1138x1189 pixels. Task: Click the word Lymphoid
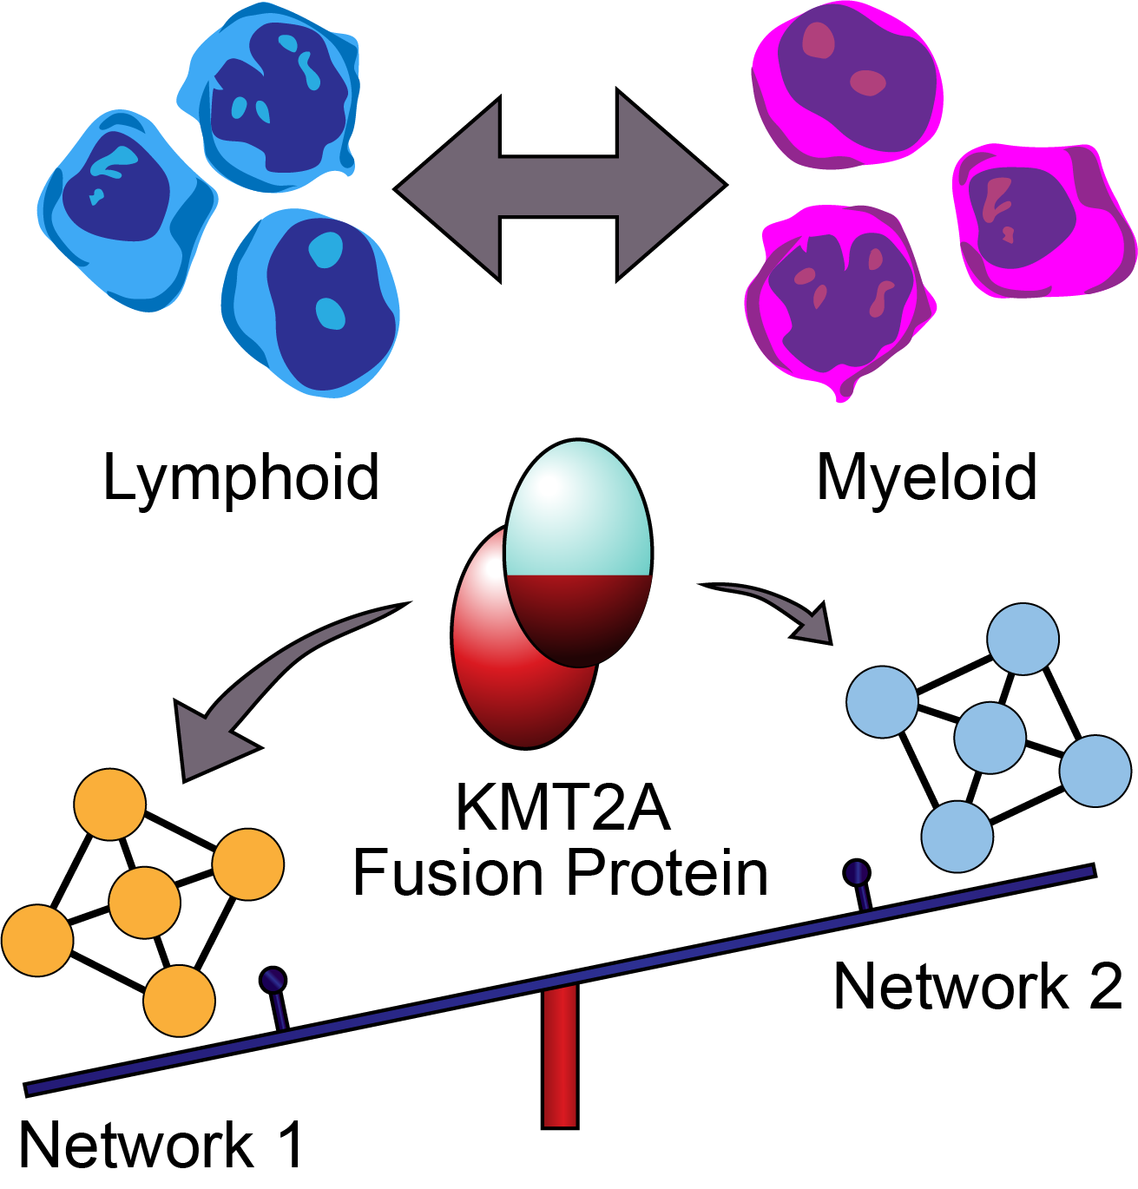coord(240,478)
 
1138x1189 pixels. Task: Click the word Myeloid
coord(926,478)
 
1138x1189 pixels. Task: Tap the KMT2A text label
coord(562,808)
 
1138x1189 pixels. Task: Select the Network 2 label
coord(977,987)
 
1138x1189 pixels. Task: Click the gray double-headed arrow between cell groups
coord(560,185)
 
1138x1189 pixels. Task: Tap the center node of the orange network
coord(145,902)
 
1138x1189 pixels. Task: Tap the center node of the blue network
coord(990,738)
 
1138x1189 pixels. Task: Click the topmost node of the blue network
coord(1023,639)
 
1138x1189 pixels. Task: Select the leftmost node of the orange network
coord(37,940)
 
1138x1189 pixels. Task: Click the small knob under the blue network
coord(857,872)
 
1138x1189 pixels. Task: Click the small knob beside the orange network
coord(273,981)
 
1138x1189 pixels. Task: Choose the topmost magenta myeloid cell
coord(846,82)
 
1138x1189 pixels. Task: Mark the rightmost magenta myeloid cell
coord(1042,221)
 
